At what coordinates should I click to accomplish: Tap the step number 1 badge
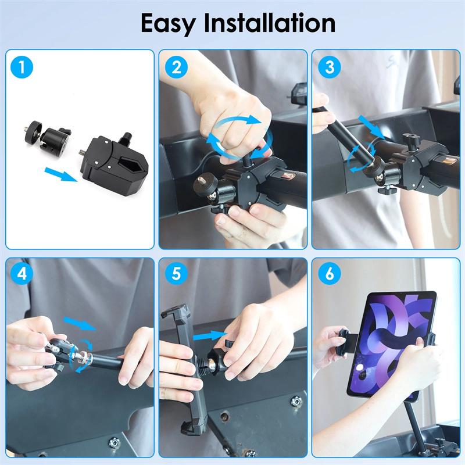point(22,67)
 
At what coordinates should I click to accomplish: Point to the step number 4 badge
point(22,274)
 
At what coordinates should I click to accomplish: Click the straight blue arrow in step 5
point(209,335)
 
